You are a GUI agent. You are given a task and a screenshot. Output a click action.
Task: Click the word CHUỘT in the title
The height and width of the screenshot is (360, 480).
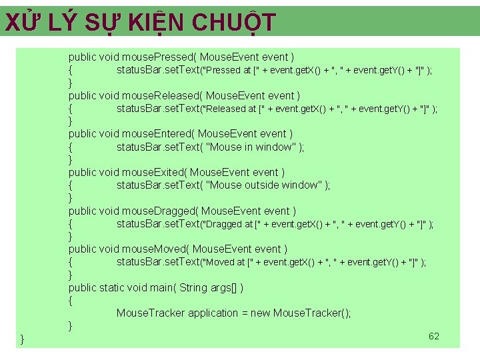click(233, 23)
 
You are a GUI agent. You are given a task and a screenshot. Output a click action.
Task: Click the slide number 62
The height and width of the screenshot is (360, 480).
click(434, 336)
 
